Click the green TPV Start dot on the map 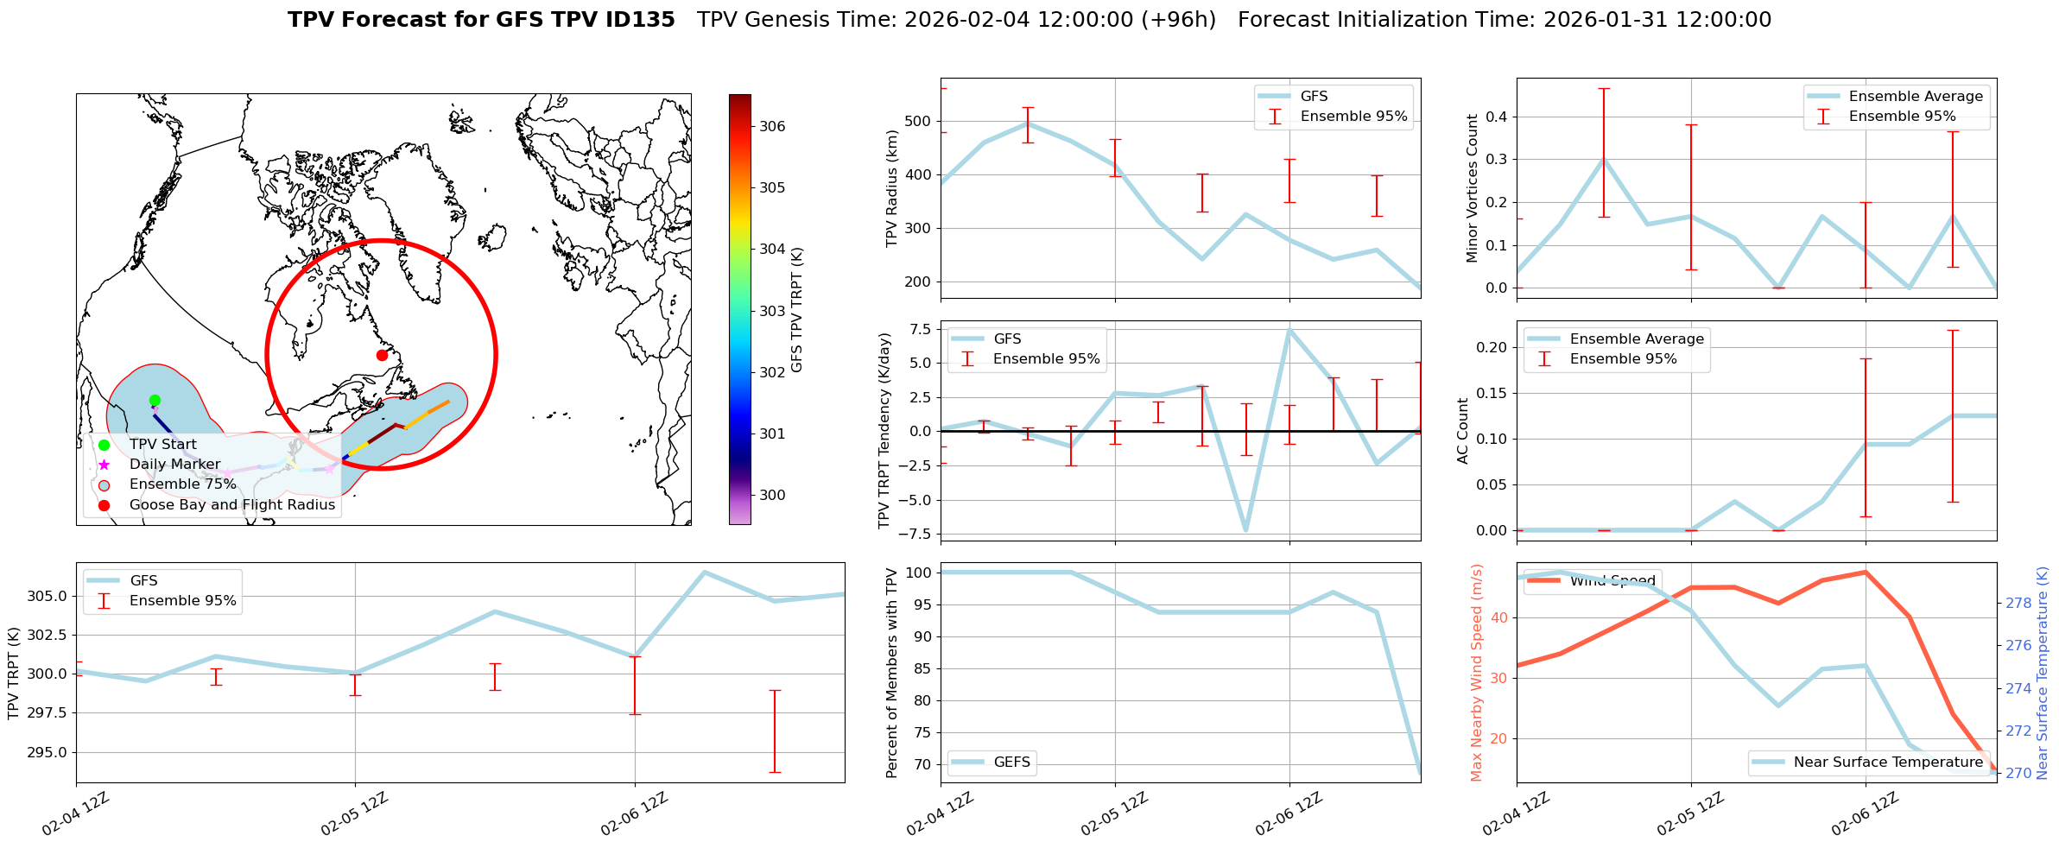[155, 400]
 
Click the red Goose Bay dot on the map [382, 355]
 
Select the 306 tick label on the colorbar [772, 126]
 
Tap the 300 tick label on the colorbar [772, 495]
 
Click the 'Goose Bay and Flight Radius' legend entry [231, 504]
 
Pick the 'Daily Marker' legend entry [174, 464]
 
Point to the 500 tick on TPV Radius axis [919, 121]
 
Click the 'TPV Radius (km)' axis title [891, 188]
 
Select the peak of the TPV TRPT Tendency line [1289, 330]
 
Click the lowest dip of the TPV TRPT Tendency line [1245, 530]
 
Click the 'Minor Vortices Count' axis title [1472, 188]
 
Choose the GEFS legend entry [1011, 762]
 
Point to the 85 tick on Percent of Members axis [919, 668]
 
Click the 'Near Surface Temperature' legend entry [1888, 762]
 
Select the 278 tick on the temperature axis [2018, 603]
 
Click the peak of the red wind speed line [1866, 572]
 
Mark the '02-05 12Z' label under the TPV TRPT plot [354, 813]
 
